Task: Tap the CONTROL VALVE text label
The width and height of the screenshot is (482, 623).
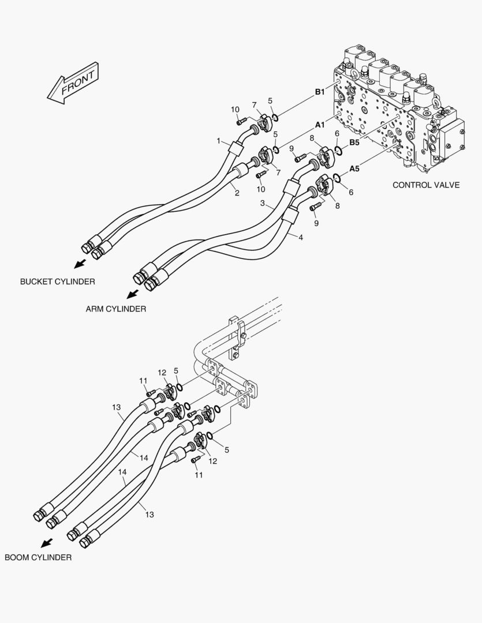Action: click(426, 185)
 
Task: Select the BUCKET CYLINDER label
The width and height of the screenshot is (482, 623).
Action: click(58, 282)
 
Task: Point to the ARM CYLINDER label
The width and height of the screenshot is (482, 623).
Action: click(116, 309)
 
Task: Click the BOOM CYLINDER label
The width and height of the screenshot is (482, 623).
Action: click(38, 557)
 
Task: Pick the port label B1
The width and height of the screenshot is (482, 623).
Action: click(320, 92)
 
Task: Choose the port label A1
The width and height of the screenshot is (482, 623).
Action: click(320, 124)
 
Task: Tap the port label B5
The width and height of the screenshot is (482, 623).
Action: click(354, 142)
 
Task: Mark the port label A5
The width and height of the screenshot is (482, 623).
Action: click(354, 169)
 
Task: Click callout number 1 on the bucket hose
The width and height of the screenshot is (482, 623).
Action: click(219, 141)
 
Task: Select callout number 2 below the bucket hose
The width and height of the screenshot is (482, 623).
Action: click(237, 193)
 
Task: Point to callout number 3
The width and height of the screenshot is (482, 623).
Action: click(263, 203)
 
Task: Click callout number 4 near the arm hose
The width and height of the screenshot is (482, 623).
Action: click(300, 237)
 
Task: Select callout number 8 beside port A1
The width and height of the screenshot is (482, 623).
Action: click(312, 138)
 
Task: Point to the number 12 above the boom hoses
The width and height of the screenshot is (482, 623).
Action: click(162, 373)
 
